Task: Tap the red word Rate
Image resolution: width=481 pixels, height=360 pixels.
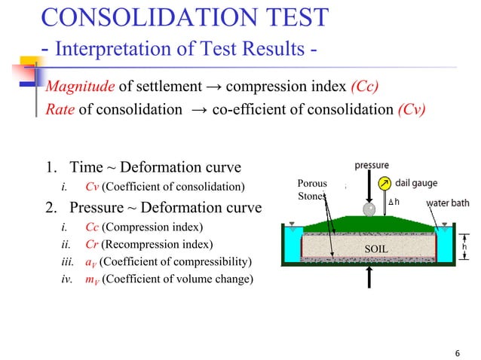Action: tap(60, 108)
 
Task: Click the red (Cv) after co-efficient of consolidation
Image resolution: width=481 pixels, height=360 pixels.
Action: tap(411, 108)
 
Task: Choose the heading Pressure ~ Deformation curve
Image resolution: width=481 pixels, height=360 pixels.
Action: tap(165, 207)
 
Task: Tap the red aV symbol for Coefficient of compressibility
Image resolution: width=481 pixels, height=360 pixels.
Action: tap(90, 262)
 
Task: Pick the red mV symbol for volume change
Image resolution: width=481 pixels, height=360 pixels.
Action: tap(92, 280)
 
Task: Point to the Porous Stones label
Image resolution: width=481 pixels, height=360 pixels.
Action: tap(312, 190)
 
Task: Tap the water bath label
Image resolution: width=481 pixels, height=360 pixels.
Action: tap(449, 203)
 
